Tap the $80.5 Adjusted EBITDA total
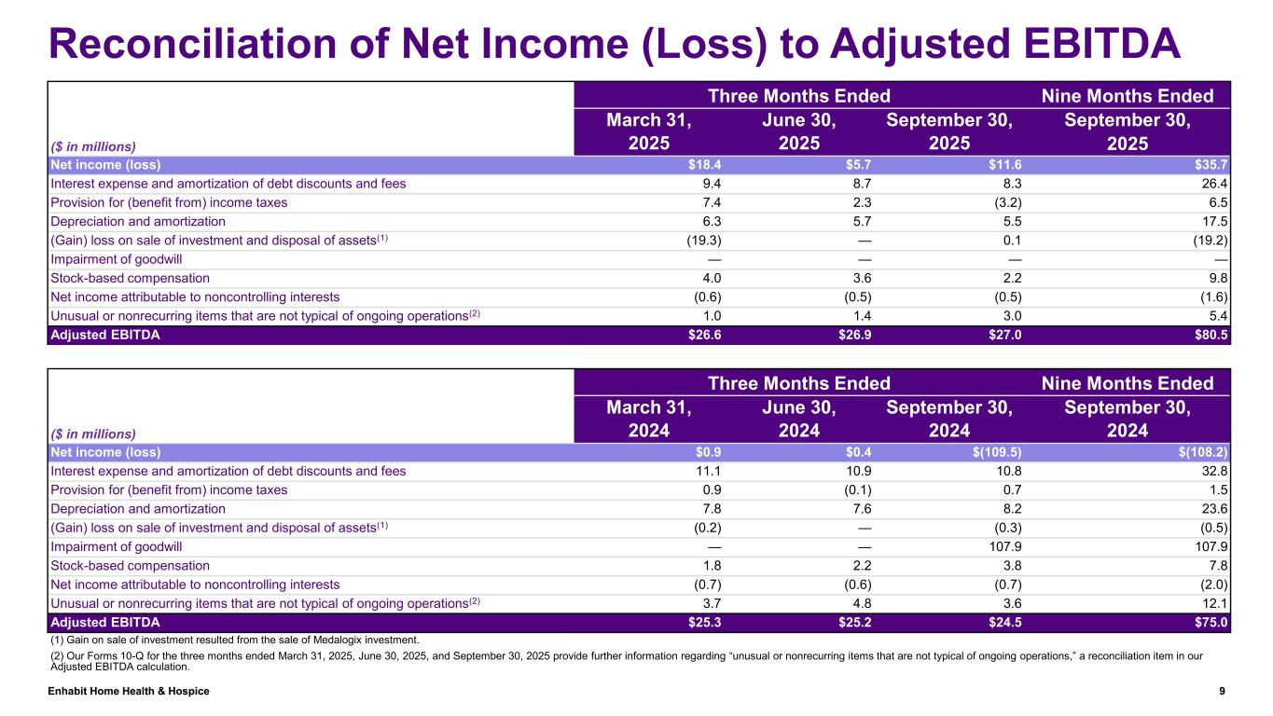click(1211, 335)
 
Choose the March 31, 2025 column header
click(650, 132)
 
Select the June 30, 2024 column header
click(798, 420)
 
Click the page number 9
click(1222, 691)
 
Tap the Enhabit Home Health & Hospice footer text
click(129, 691)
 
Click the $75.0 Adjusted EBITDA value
click(1211, 622)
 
